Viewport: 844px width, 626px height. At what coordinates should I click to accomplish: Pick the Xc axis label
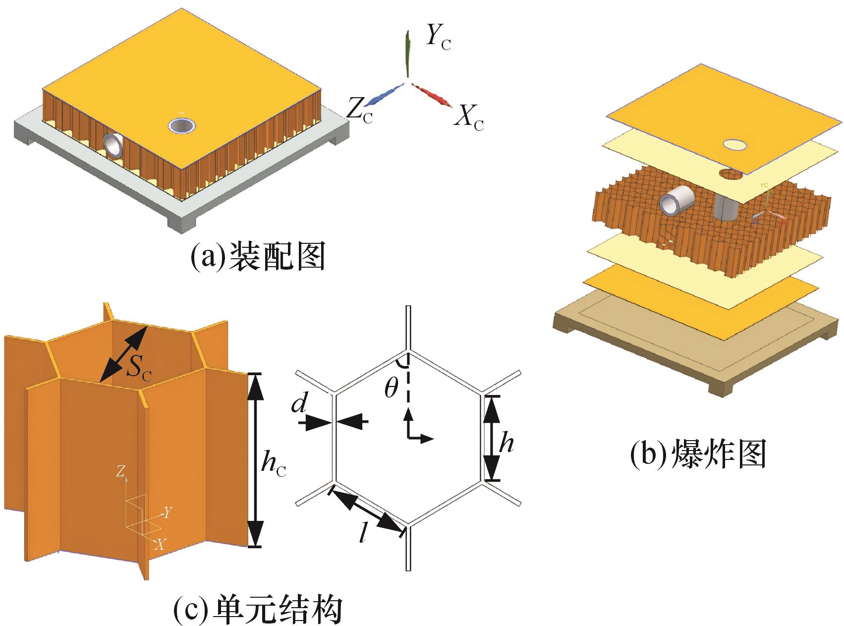coord(469,118)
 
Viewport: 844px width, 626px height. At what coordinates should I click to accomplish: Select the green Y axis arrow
coord(407,55)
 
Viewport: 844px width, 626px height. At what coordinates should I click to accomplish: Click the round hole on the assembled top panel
coord(181,126)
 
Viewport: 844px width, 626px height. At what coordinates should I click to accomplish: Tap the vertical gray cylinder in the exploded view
coord(727,206)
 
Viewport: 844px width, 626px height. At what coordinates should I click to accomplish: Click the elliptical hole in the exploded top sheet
coord(736,145)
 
